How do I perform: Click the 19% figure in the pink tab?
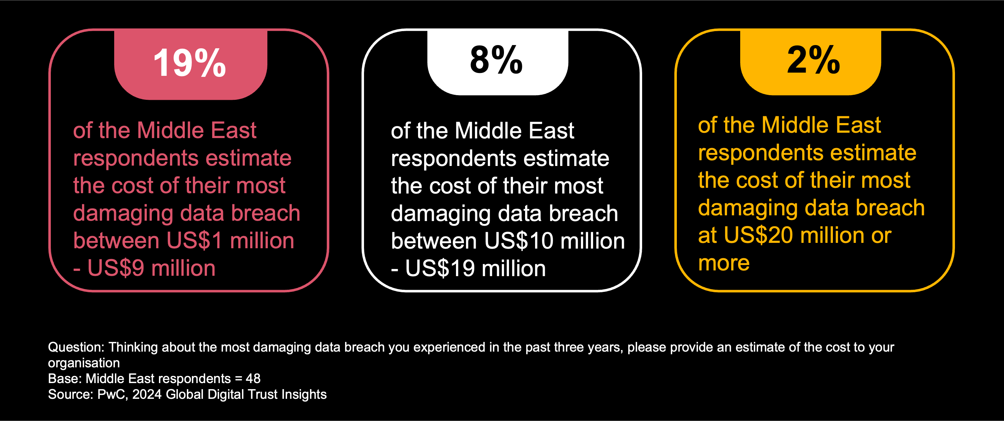[x=190, y=63]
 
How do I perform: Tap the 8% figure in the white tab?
[x=496, y=60]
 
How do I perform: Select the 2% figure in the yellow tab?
[x=814, y=60]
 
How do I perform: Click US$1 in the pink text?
[x=194, y=241]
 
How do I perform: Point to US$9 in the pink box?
[x=115, y=268]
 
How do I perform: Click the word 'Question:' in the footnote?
[x=76, y=347]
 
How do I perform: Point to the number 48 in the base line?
[x=253, y=378]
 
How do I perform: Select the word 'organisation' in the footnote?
[x=84, y=363]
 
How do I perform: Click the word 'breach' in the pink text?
[x=266, y=213]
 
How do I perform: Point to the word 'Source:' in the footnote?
[x=71, y=394]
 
